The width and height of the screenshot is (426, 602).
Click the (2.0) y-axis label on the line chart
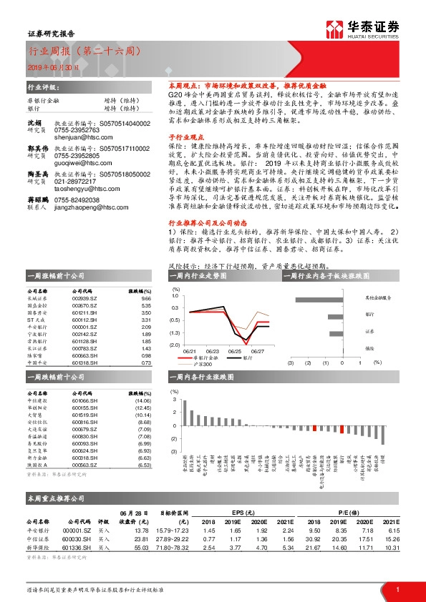pyautogui.click(x=175, y=345)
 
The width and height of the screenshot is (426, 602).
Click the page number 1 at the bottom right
pyautogui.click(x=397, y=589)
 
